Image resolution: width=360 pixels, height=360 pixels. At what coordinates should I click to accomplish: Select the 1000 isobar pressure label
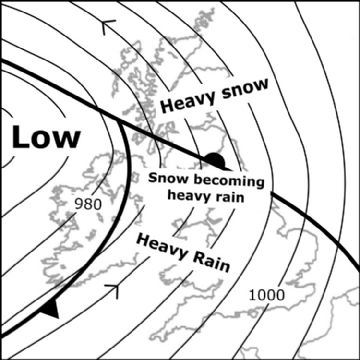[266, 295]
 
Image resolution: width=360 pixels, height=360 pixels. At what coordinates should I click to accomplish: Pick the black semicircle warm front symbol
[213, 160]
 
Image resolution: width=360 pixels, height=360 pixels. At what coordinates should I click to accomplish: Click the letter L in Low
[20, 138]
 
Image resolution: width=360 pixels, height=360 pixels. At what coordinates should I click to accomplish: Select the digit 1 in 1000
[251, 295]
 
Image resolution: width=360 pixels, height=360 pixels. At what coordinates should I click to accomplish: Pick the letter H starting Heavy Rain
[140, 238]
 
